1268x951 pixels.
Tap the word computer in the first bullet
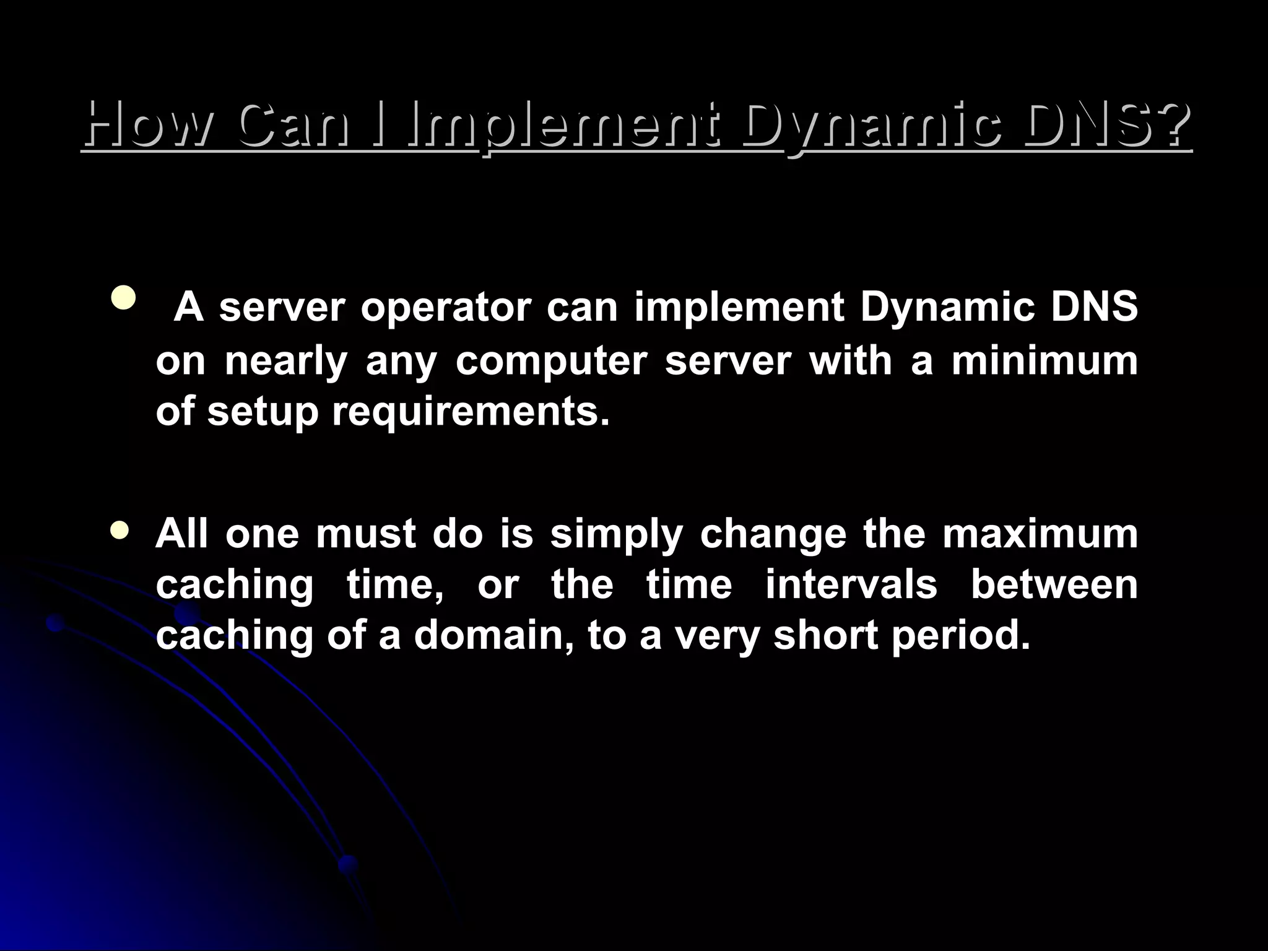pos(551,361)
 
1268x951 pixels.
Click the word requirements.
pos(471,412)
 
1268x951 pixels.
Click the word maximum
pos(1040,534)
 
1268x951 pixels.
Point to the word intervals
pos(851,584)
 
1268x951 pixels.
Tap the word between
pos(1054,584)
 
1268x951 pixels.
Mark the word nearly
pos(285,361)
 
